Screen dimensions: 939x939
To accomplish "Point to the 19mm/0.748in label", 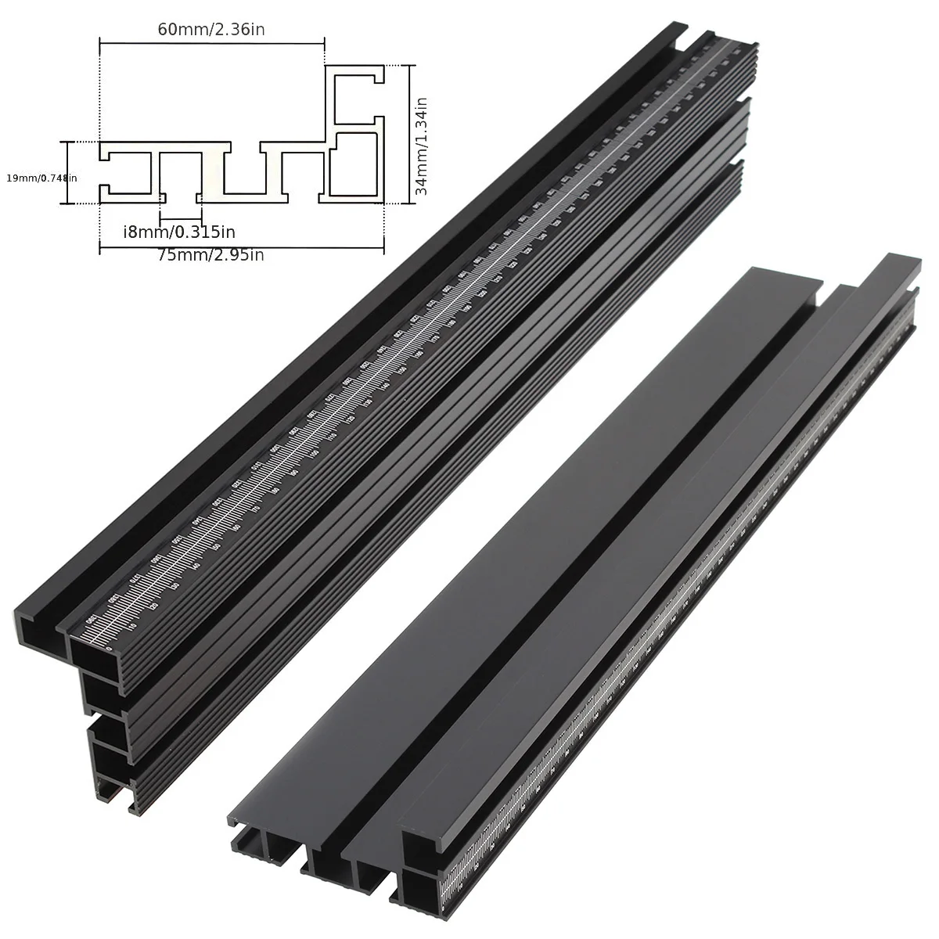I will [41, 178].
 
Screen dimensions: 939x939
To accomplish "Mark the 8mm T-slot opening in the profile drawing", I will [181, 194].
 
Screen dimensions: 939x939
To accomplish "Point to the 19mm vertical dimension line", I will [67, 172].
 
